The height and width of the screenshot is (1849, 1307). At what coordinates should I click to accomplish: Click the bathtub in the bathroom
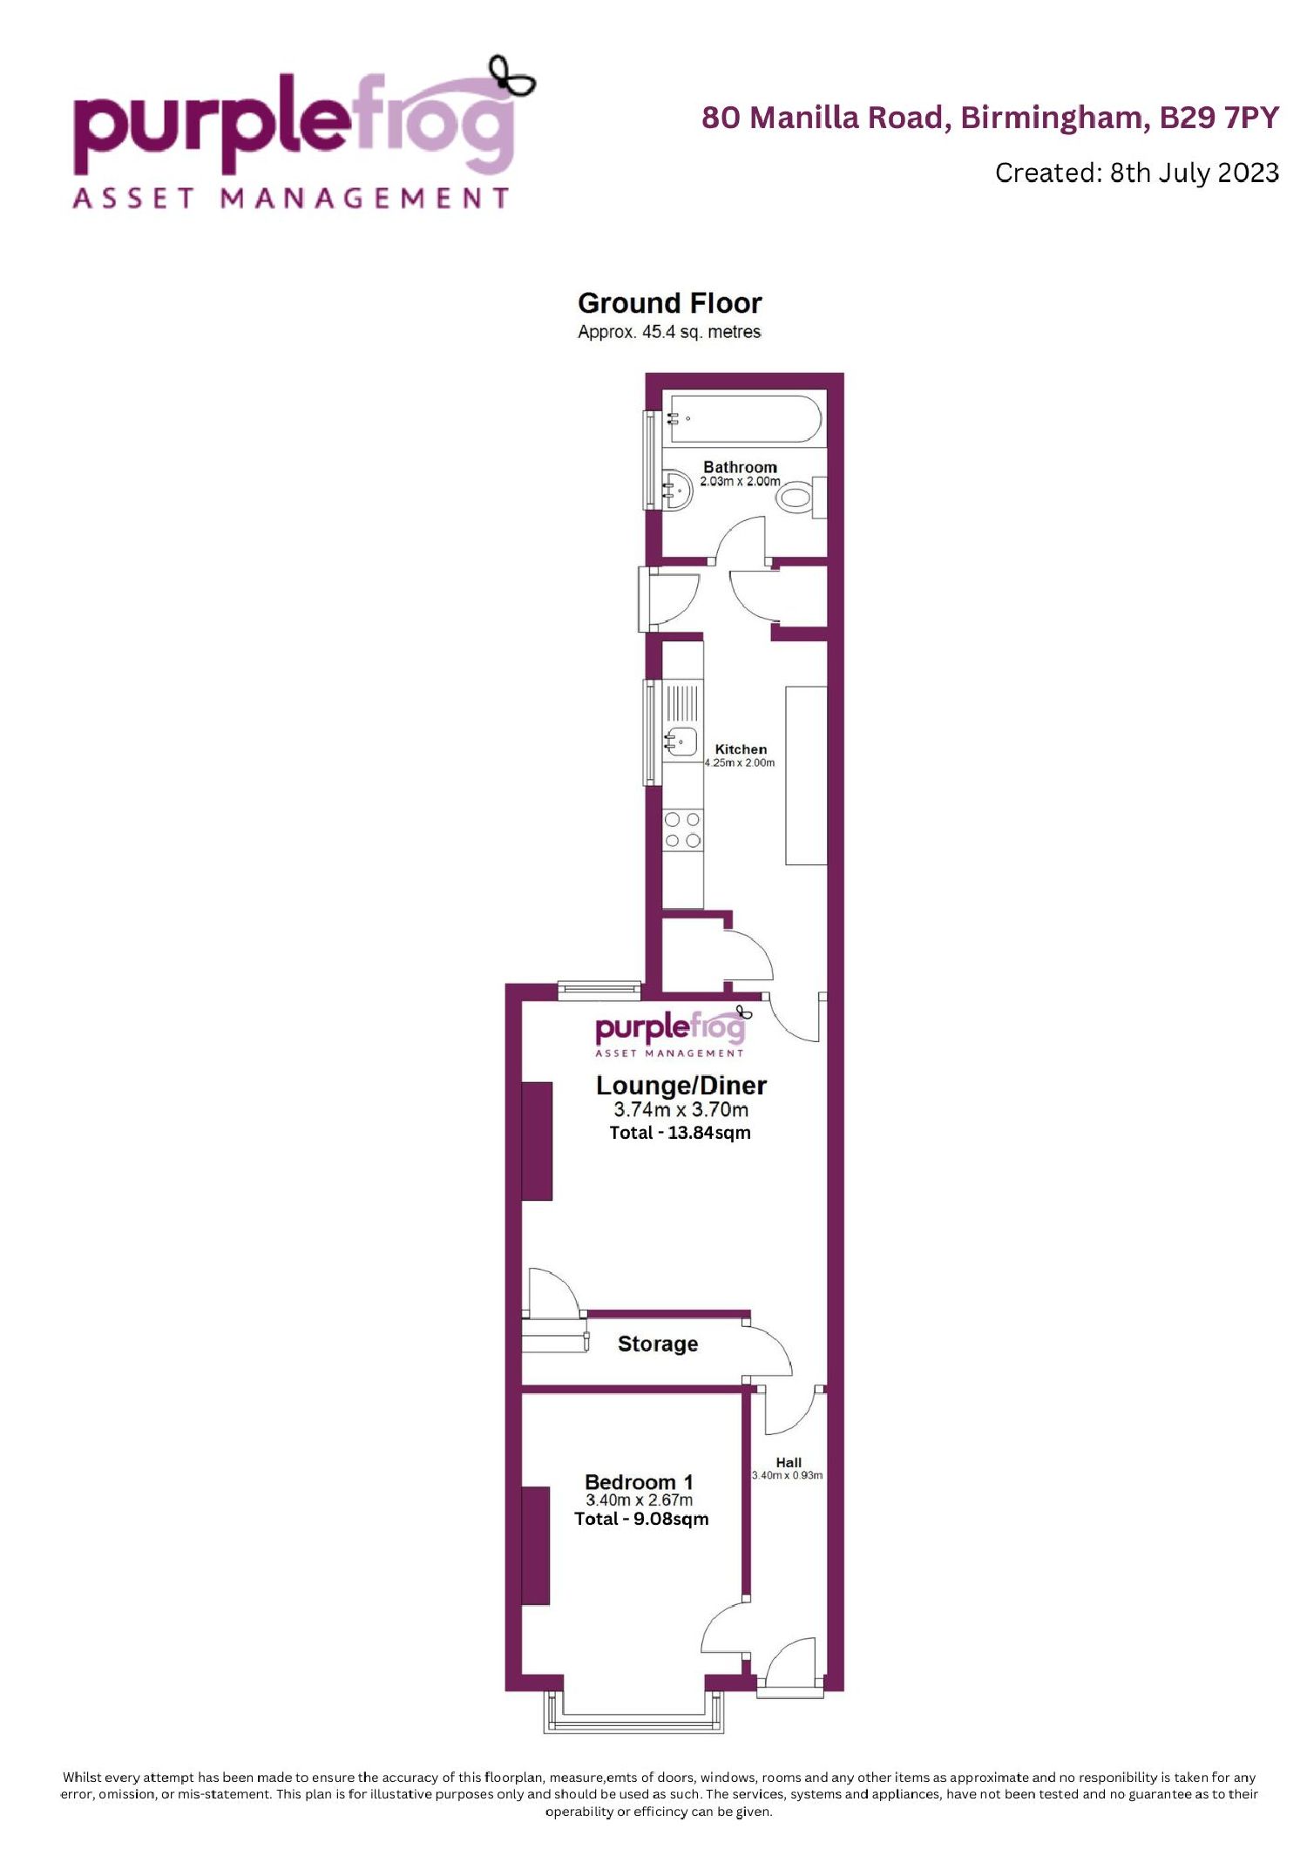pyautogui.click(x=743, y=418)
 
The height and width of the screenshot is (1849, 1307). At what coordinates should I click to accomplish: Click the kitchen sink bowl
pyautogui.click(x=682, y=742)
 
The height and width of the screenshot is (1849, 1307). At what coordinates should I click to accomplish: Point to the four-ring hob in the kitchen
pyautogui.click(x=682, y=830)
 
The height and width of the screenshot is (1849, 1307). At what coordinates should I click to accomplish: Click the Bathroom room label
pyautogui.click(x=740, y=467)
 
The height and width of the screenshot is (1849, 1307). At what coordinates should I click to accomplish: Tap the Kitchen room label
pyautogui.click(x=741, y=749)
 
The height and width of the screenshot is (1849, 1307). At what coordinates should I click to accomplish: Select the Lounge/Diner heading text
pyautogui.click(x=681, y=1086)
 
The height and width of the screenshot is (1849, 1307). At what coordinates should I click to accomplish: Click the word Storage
pyautogui.click(x=658, y=1344)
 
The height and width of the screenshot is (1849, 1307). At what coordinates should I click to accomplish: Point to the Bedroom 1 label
pyautogui.click(x=640, y=1482)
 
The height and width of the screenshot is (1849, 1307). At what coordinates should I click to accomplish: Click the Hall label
pyautogui.click(x=789, y=1463)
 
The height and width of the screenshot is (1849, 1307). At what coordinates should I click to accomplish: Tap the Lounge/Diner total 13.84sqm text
pyautogui.click(x=680, y=1133)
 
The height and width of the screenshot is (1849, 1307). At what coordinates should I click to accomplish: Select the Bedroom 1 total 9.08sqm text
pyautogui.click(x=641, y=1519)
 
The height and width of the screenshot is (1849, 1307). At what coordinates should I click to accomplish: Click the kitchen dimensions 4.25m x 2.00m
pyautogui.click(x=740, y=762)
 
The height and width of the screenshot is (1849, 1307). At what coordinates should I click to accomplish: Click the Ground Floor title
pyautogui.click(x=670, y=303)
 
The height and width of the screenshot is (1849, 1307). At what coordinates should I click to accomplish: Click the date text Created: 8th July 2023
pyautogui.click(x=1137, y=173)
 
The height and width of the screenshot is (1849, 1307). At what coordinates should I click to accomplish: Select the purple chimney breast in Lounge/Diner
pyautogui.click(x=537, y=1141)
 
